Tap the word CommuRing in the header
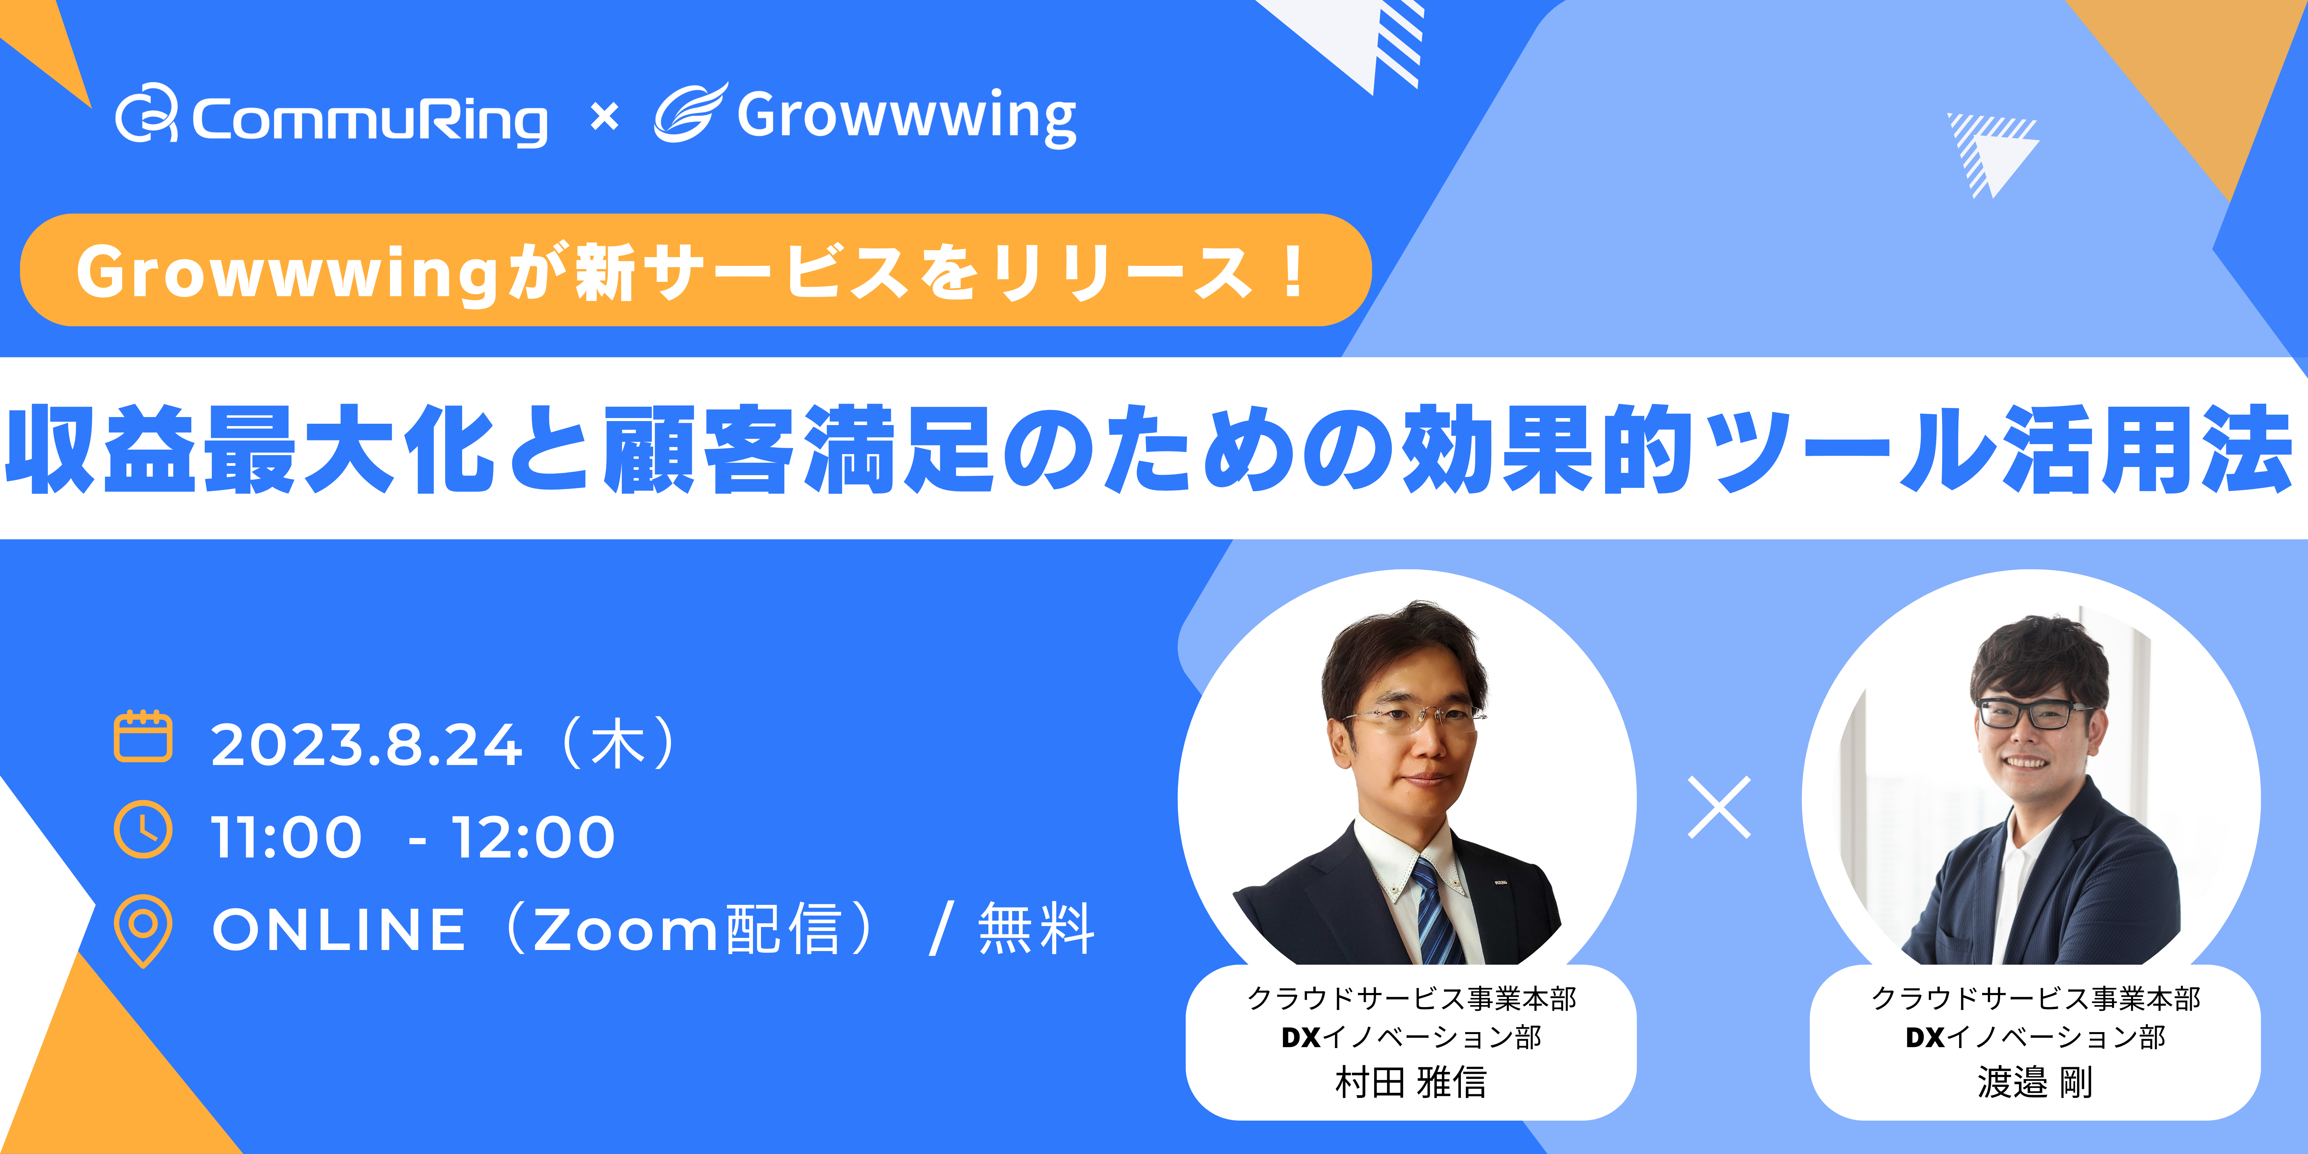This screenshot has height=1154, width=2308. (x=369, y=119)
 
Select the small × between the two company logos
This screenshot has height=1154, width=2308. (x=605, y=118)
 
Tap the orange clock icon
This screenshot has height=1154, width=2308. (x=143, y=830)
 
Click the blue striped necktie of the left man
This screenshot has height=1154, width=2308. (x=1435, y=909)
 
